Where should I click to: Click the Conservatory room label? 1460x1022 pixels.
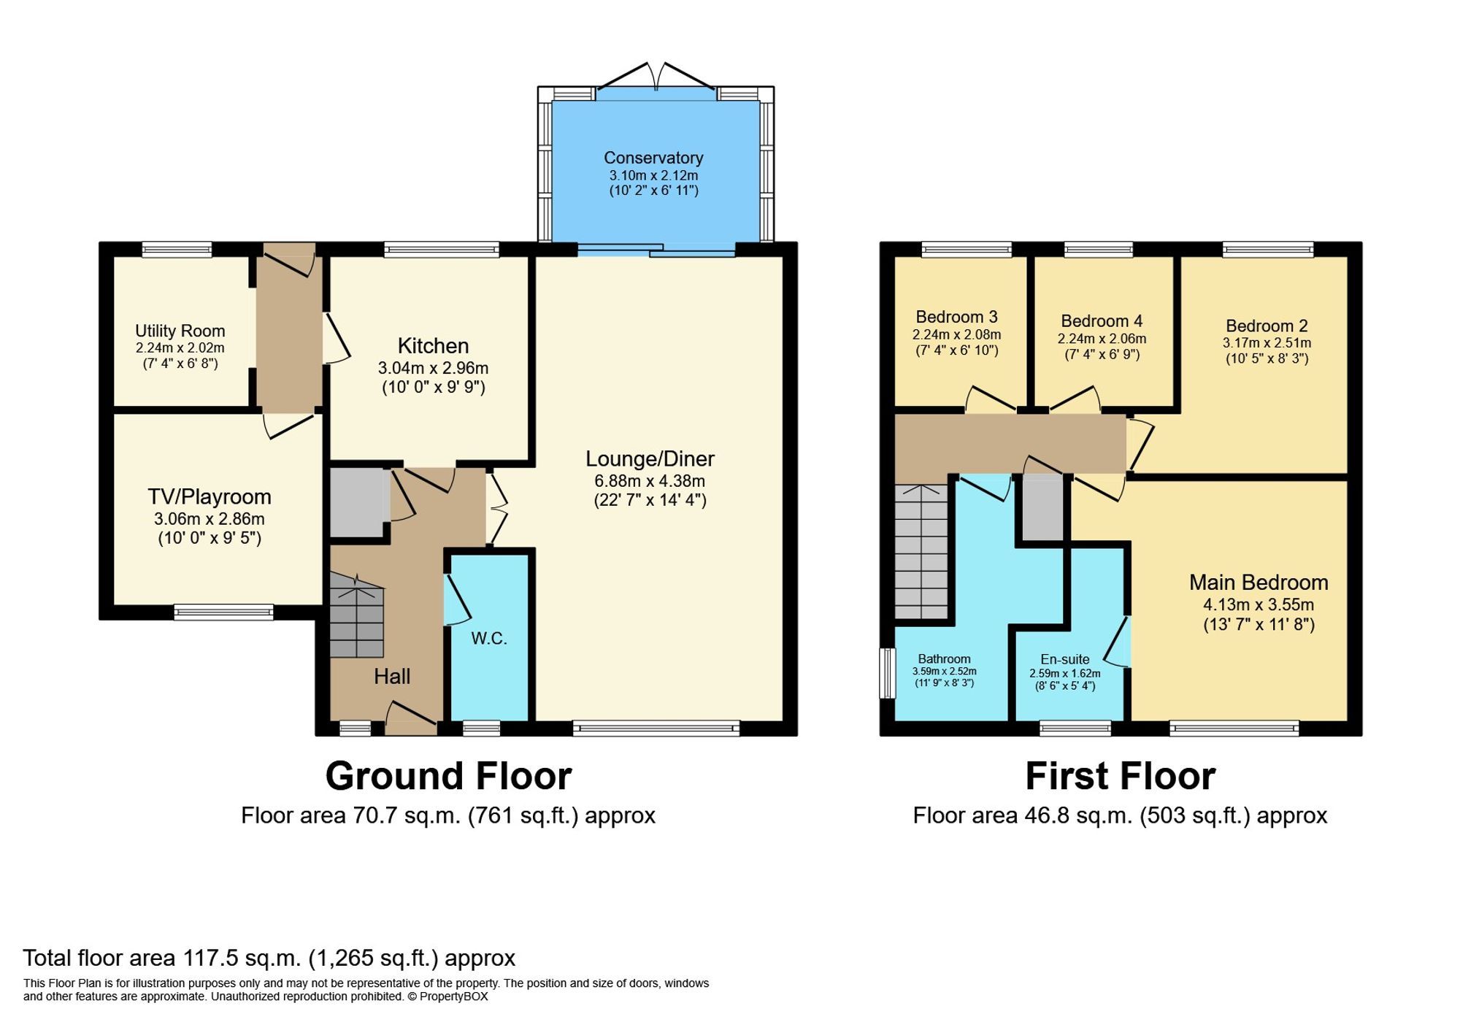653,158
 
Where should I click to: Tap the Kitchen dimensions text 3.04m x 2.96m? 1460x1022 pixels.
433,368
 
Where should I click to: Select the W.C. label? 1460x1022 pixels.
488,639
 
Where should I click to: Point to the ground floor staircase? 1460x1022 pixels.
356,615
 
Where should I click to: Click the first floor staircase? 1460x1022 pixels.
921,553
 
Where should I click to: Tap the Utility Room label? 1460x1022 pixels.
180,331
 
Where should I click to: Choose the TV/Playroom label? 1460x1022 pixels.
210,497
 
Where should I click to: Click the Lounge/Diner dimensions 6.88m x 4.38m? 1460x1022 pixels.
650,481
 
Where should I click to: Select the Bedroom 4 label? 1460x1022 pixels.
1101,321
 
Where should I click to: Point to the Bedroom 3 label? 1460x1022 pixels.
956,317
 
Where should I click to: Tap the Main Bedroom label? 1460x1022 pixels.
1258,583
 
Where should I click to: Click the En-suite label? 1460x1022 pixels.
1064,659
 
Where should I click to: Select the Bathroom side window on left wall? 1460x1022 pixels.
887,672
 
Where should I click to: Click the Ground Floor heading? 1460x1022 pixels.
448,776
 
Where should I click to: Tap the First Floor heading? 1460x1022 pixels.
1120,776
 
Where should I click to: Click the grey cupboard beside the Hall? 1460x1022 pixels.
357,502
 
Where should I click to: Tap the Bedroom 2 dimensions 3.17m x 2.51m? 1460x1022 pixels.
1267,342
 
